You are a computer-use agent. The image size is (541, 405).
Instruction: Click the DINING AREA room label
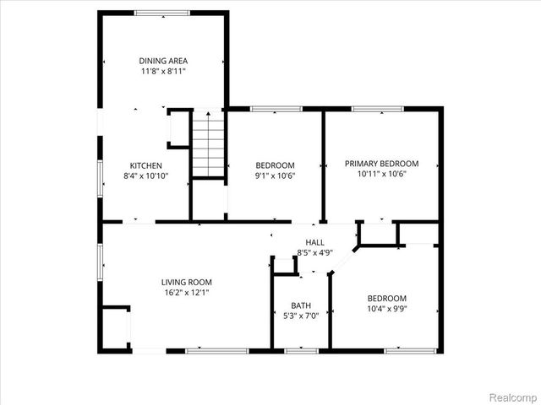(163, 61)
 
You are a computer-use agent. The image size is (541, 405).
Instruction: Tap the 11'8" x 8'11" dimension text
(163, 72)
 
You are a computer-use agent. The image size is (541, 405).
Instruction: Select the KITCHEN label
(145, 165)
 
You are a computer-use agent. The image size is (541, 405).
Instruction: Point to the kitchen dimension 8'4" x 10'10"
(145, 176)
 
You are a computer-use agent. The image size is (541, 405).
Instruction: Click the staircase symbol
(208, 144)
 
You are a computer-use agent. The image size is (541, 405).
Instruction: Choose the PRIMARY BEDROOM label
(381, 164)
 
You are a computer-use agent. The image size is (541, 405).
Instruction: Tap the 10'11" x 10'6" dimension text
(381, 175)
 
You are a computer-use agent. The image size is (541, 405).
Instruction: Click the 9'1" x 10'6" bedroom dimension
(276, 175)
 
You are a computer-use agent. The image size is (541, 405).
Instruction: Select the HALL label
(315, 241)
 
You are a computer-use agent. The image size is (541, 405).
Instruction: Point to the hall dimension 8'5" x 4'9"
(315, 252)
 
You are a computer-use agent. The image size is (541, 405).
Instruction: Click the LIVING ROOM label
(187, 282)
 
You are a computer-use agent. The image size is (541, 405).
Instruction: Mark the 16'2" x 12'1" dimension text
(187, 293)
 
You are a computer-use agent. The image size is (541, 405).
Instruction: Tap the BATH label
(301, 305)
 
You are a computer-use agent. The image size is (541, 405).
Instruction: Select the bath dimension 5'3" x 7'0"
(301, 316)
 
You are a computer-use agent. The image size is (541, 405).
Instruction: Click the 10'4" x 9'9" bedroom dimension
(386, 310)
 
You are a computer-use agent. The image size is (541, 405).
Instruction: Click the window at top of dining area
(162, 12)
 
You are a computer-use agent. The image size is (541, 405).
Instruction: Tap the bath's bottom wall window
(301, 349)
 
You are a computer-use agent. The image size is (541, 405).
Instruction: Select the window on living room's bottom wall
(216, 349)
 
